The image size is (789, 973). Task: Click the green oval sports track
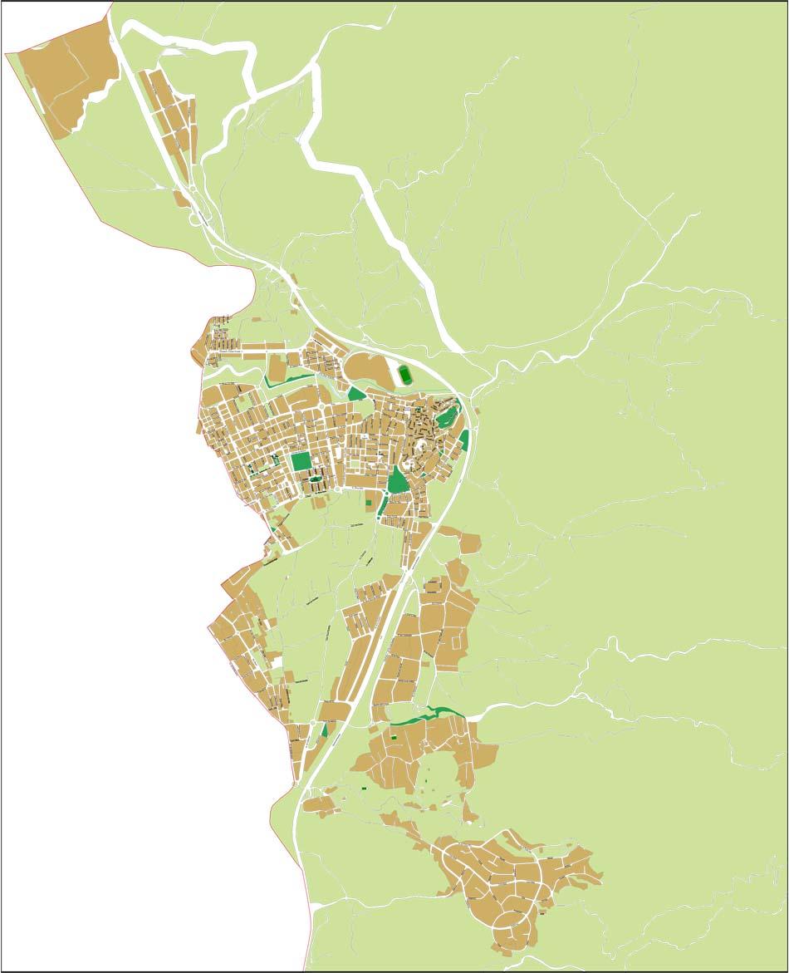tap(404, 374)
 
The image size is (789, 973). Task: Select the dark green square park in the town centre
tap(301, 461)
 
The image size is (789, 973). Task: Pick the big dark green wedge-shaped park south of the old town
tap(399, 481)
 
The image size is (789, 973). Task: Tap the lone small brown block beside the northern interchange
tap(180, 199)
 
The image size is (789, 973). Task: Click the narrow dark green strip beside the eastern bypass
tap(464, 440)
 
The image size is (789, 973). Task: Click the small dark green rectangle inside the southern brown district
tap(393, 737)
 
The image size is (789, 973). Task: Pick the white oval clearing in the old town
tap(422, 450)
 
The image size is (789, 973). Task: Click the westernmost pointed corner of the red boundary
tap(6, 54)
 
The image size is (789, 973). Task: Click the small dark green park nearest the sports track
tap(356, 394)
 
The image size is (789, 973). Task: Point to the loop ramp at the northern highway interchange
tap(197, 219)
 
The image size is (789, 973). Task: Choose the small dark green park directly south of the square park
tap(313, 478)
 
